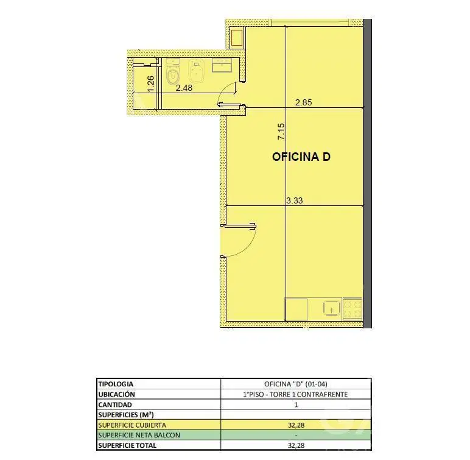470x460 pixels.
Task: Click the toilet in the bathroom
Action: (173, 72)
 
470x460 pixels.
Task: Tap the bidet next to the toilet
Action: (196, 71)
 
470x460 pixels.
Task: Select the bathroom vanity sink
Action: (222, 65)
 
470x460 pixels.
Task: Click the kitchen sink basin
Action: (332, 308)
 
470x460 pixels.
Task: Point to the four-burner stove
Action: (353, 309)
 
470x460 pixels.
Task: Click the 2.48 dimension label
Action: (184, 88)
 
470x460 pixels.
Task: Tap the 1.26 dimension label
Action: (151, 83)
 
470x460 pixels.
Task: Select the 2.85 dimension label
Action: (303, 102)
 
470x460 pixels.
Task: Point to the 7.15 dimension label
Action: (281, 132)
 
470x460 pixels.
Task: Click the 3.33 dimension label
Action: (294, 200)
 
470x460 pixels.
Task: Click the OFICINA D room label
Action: (301, 157)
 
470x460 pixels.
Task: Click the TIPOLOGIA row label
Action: (116, 384)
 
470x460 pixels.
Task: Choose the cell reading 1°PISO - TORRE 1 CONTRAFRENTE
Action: (295, 394)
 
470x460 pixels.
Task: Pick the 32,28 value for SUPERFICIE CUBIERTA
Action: (296, 425)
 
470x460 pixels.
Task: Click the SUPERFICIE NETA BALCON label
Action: (139, 435)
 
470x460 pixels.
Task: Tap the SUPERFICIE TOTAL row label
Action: (127, 445)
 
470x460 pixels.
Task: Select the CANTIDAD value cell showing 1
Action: (296, 405)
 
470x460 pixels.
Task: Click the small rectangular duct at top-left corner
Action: (237, 38)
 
